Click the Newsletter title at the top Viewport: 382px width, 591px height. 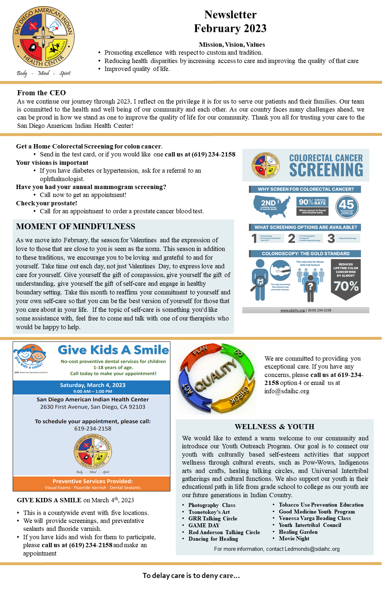pyautogui.click(x=230, y=15)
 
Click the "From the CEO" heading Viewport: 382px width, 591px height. pyautogui.click(x=41, y=93)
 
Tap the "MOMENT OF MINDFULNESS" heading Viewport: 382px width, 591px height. pyautogui.click(x=76, y=227)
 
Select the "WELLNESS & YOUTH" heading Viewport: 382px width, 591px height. pyautogui.click(x=274, y=427)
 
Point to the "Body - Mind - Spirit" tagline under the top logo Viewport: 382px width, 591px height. pyautogui.click(x=44, y=73)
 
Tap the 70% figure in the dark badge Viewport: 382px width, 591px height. pyautogui.click(x=346, y=286)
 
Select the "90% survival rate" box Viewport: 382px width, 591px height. pyautogui.click(x=312, y=206)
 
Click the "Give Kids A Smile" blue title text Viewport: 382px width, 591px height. pyautogui.click(x=113, y=350)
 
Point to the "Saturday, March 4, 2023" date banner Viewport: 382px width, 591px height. pyautogui.click(x=92, y=385)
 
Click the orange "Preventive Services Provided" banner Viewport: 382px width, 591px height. pyautogui.click(x=92, y=481)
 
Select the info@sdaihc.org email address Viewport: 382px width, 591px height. pyautogui.click(x=286, y=391)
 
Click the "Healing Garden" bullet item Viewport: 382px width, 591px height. pyautogui.click(x=298, y=532)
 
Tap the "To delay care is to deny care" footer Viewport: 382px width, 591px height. pyautogui.click(x=191, y=575)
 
